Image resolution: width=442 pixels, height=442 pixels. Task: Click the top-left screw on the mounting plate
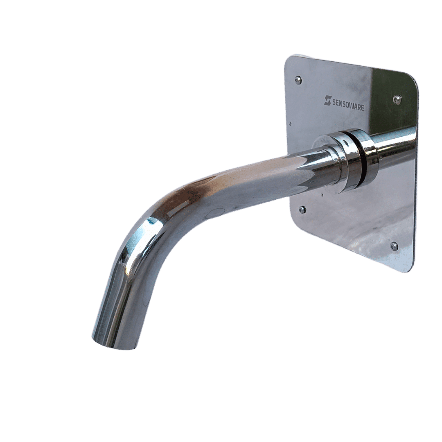298,80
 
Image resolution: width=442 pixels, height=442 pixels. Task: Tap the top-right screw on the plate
396,99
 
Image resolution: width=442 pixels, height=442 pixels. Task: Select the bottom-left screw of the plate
302,210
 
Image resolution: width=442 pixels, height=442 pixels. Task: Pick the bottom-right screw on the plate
394,246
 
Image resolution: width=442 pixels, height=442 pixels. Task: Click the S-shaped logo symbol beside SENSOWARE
327,100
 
